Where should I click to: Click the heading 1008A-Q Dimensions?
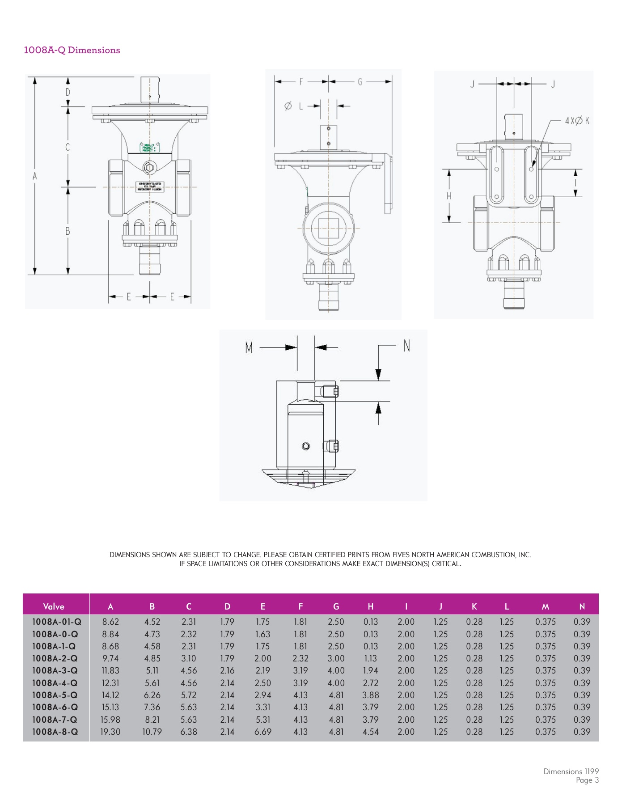pos(72,50)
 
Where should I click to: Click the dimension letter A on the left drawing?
pos(35,176)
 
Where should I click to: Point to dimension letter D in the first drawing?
pos(68,92)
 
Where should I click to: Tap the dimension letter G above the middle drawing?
pos(360,82)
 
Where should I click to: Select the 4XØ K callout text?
pos(576,121)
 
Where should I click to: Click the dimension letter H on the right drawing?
pos(449,195)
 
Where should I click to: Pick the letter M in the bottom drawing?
pos(249,347)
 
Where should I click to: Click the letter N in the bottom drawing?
pos(406,346)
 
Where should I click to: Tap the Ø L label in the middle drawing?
pos(294,106)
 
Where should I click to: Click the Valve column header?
pos(54,606)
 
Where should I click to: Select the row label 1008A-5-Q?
pos(55,695)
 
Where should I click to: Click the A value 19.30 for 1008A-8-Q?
pos(110,732)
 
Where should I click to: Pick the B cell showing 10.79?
pos(152,732)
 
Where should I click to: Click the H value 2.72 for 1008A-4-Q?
pos(371,683)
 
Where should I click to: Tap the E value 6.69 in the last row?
pos(263,732)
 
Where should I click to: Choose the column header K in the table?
pos(474,606)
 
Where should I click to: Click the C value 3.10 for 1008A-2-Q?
pos(189,658)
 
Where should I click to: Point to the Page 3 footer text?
pos(587,780)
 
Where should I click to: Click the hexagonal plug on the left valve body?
pos(149,168)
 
